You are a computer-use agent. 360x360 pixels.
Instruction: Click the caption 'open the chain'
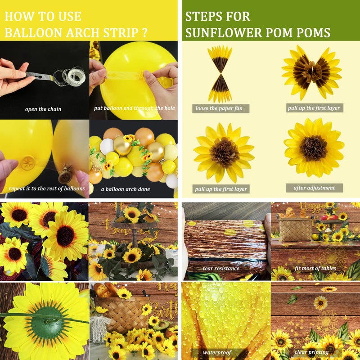[x=43, y=109]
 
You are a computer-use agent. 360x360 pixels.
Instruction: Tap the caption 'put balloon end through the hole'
[x=134, y=108]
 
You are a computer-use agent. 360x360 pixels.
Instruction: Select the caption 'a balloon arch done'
[x=126, y=189]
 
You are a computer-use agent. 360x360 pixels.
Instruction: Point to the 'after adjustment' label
[x=314, y=188]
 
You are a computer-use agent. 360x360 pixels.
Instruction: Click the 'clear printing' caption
[x=311, y=352]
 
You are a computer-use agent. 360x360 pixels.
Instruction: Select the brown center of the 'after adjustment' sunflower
[x=314, y=148]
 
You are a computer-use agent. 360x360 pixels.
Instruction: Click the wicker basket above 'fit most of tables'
[x=295, y=229]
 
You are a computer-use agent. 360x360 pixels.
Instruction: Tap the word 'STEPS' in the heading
[x=204, y=17]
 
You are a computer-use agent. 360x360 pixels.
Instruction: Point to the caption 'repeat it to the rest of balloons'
[x=47, y=189]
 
